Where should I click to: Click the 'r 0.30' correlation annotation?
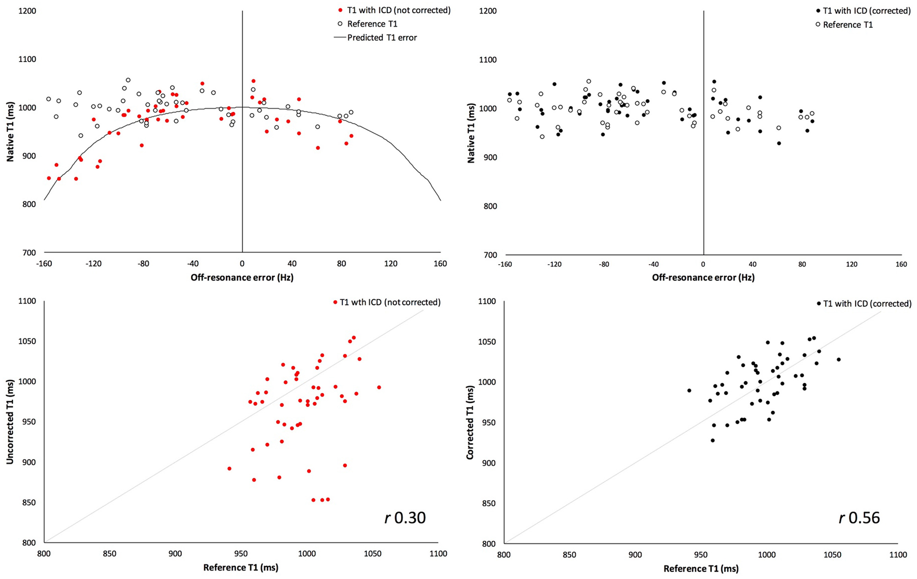405,518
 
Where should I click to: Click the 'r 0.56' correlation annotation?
859,518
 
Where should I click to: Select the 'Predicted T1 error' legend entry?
382,37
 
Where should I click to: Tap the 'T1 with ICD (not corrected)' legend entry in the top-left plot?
398,10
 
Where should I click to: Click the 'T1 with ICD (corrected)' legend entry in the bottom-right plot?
867,303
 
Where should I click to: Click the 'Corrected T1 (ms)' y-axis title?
470,422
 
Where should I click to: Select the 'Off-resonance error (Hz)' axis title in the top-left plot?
242,277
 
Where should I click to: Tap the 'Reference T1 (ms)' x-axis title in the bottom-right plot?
701,569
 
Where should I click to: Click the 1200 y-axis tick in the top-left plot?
27,11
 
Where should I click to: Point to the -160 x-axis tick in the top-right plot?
505,264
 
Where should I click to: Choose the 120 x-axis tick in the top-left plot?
391,264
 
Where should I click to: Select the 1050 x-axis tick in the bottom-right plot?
832,555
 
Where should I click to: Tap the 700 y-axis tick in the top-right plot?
490,255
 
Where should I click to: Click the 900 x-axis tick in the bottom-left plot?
175,554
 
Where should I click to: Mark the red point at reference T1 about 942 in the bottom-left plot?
229,469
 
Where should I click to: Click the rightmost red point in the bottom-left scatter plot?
379,387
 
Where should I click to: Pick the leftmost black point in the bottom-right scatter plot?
689,391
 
